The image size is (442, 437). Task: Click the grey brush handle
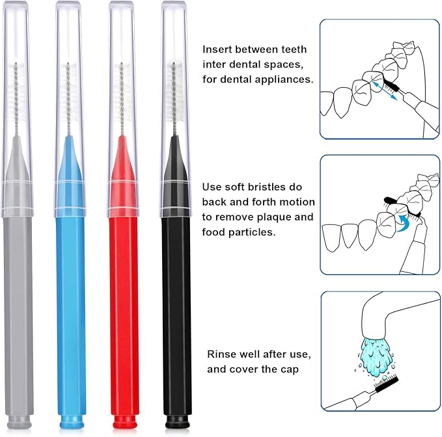click(17, 312)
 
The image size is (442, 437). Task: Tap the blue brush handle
click(70, 312)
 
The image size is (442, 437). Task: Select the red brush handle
click(124, 312)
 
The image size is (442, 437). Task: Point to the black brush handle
click(176, 312)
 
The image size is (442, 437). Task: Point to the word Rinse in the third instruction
click(221, 354)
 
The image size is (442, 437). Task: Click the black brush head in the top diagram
click(391, 85)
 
